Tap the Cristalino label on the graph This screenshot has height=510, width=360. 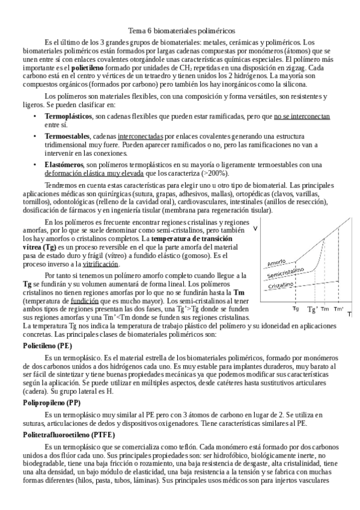(280, 287)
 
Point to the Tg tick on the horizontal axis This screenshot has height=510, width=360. (296, 308)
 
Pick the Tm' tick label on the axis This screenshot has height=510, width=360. (338, 309)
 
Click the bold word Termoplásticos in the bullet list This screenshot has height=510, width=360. (68, 115)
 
